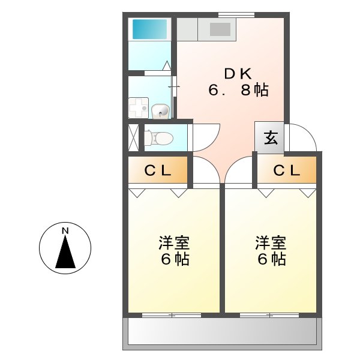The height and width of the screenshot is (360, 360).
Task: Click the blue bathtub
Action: click(149, 28)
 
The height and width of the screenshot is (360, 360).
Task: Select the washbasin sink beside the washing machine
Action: click(160, 111)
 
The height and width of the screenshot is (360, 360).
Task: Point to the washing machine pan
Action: click(139, 109)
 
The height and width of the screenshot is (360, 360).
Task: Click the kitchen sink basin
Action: click(220, 29)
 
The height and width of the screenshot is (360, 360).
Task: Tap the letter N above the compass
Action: click(65, 230)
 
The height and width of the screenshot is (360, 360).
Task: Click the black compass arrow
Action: click(65, 252)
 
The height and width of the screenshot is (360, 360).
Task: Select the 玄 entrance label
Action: click(271, 138)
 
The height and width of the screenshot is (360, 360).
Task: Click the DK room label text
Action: click(238, 74)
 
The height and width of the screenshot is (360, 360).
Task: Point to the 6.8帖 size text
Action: click(238, 91)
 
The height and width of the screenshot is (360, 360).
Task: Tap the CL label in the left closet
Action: click(158, 170)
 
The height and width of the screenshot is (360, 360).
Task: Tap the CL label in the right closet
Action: click(286, 170)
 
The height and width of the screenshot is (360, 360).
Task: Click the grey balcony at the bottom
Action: click(222, 331)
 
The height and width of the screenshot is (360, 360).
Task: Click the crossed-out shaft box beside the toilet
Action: click(133, 137)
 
